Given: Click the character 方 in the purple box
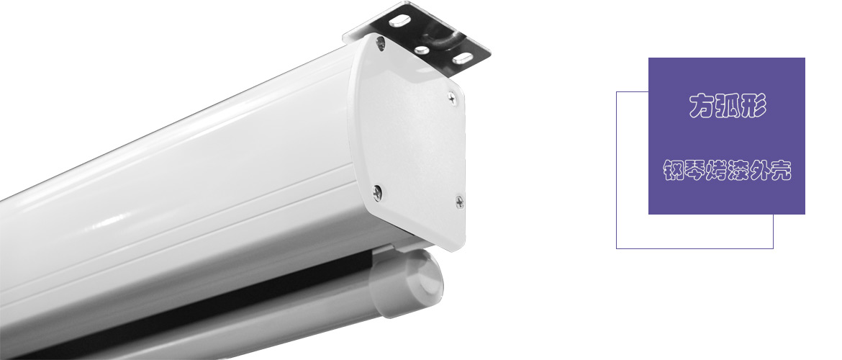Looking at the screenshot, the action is pos(702,105).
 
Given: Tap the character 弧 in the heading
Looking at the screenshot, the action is pos(728,105).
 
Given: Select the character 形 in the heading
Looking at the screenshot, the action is pos(753,105).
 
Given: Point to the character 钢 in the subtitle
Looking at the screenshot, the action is pos(674,171).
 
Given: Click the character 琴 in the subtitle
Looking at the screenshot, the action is pos(695,171).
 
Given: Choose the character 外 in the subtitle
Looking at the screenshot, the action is pos(759,171).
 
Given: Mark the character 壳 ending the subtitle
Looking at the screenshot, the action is pos(781,171).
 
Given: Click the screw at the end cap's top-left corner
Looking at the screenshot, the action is pos(381,43).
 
